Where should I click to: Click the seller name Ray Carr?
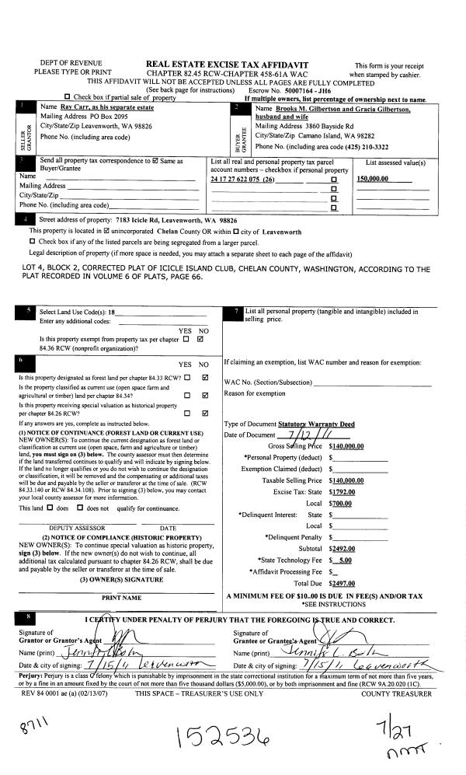(x=72, y=107)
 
